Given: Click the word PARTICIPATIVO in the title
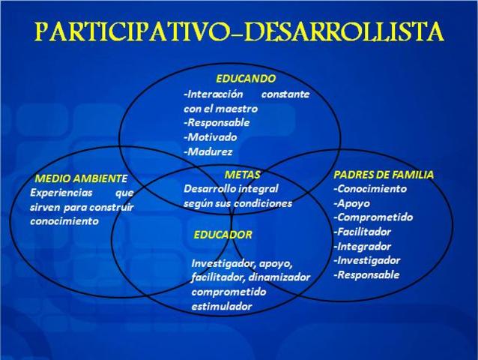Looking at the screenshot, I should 130,32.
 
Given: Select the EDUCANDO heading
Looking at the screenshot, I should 246,78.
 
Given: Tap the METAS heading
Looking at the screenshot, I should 242,174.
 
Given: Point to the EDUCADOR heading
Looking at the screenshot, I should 223,235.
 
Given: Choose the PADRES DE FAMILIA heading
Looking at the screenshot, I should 384,174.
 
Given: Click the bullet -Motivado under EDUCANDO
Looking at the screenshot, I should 210,136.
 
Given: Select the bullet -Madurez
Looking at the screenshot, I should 208,151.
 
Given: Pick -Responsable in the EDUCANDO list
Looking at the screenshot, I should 217,122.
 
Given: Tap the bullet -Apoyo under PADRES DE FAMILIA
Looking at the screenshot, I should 351,202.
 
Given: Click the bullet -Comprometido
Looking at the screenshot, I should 373,217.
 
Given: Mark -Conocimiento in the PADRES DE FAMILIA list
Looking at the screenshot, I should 370,188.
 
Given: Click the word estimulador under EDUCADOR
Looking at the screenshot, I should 222,306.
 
